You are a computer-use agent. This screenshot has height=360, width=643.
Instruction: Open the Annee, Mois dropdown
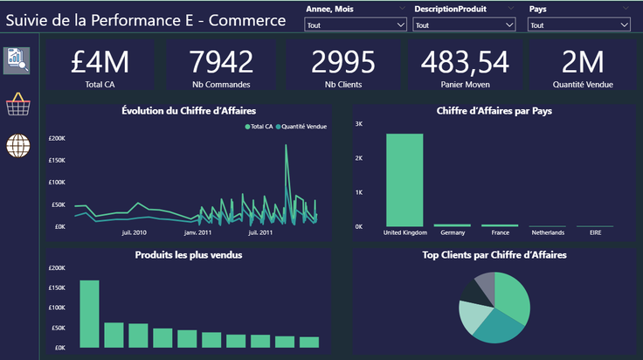tap(355, 24)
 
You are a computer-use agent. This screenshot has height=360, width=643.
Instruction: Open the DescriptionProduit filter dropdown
tap(464, 24)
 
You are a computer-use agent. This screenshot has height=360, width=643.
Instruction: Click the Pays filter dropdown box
tap(578, 24)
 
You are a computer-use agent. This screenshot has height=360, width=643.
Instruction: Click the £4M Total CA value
tap(100, 62)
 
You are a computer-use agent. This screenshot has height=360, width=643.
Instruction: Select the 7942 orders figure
tap(221, 62)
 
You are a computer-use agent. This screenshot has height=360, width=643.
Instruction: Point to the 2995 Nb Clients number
tap(343, 62)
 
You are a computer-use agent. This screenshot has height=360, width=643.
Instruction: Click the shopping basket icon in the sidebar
tap(18, 104)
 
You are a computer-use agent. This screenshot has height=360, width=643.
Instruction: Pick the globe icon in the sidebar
tap(18, 146)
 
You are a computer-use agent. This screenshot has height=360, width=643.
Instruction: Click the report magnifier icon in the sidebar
tap(17, 60)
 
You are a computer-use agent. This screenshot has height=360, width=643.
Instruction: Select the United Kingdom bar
tap(404, 180)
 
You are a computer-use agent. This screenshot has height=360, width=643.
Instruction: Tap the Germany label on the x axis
tap(453, 232)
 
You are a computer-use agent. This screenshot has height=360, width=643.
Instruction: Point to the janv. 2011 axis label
tap(197, 232)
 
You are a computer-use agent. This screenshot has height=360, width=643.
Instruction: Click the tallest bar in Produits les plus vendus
tap(89, 314)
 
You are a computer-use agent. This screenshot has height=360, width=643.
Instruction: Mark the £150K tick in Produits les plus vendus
tap(57, 287)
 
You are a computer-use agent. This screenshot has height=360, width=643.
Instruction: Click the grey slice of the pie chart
tap(485, 287)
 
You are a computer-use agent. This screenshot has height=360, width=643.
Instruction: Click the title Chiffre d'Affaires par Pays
tap(494, 111)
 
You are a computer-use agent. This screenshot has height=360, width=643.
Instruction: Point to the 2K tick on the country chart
tap(359, 158)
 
